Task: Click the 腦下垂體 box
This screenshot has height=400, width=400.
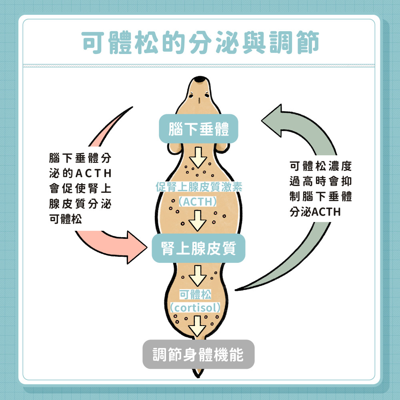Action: click(x=199, y=129)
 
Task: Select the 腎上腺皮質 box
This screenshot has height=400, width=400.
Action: click(x=198, y=249)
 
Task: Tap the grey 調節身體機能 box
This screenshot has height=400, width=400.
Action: click(x=198, y=354)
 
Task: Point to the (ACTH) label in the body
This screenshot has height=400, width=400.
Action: click(x=198, y=201)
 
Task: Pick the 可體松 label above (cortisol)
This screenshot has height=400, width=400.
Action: click(x=195, y=295)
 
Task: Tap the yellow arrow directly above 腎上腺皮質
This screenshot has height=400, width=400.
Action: click(x=198, y=221)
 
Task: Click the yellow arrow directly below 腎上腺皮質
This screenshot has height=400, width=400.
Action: click(x=198, y=276)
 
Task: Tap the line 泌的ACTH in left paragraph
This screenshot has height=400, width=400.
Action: click(x=80, y=174)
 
